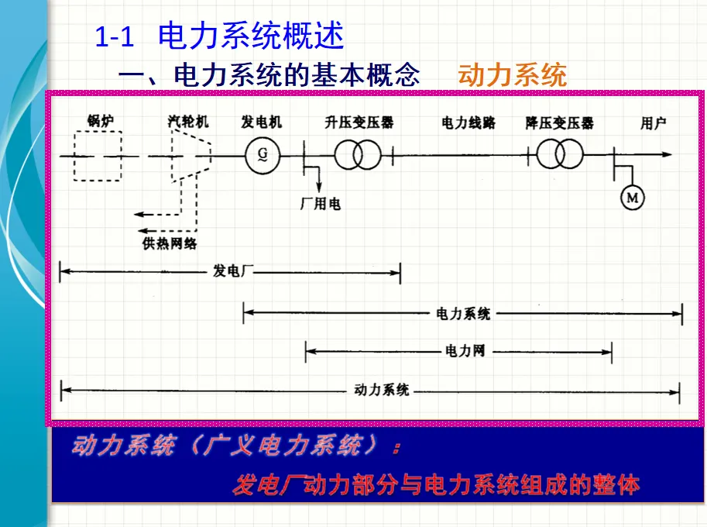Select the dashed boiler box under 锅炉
click(x=98, y=156)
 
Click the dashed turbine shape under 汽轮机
click(x=190, y=155)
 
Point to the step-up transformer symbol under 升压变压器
click(x=358, y=155)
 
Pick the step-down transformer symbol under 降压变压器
click(x=560, y=155)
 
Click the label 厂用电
click(x=320, y=204)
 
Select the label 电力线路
click(x=468, y=122)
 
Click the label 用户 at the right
click(x=654, y=122)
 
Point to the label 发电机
click(x=262, y=122)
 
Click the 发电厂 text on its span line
click(x=233, y=272)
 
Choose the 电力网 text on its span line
click(x=465, y=351)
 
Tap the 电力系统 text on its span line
click(x=463, y=314)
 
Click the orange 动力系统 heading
click(x=512, y=75)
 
